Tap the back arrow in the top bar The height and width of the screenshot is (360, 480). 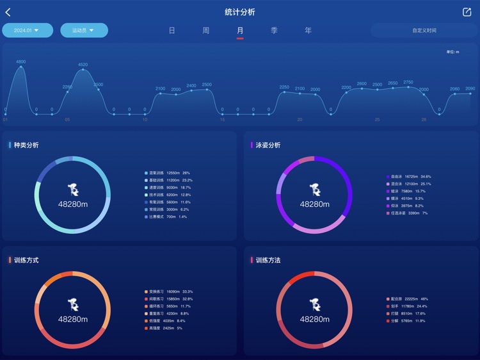pos(8,12)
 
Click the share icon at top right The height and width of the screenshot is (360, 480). pos(467,12)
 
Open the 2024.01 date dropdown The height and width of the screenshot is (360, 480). pos(28,30)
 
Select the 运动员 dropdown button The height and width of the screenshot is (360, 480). pos(84,30)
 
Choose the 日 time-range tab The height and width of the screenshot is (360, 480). pos(172,30)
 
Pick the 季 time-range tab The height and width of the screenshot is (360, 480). pos(274,30)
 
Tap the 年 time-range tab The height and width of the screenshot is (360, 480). pos(308,30)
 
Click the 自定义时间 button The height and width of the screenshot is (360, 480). pos(424,30)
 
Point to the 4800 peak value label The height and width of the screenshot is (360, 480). pos(21,61)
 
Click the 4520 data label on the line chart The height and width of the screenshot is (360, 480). pos(83,65)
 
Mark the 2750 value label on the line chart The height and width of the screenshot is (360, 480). pos(408,82)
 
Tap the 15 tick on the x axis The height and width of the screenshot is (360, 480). pos(222,119)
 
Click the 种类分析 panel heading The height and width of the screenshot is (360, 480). pos(26,145)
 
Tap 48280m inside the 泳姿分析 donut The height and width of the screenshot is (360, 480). pos(314,204)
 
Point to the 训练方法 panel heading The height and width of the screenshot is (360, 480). pos(268,261)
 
